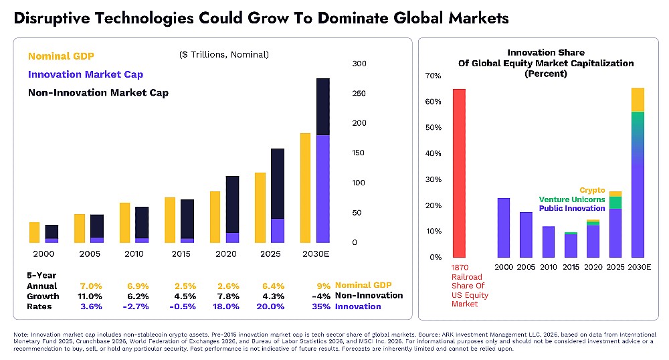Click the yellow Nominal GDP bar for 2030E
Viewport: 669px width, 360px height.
(x=305, y=187)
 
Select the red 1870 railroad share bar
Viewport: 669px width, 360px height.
(x=459, y=173)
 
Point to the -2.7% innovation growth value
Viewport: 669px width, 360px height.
(x=136, y=306)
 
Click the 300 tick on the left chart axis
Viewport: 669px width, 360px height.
(x=359, y=64)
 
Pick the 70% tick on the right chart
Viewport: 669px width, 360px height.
(x=433, y=76)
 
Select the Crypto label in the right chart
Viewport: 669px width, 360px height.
(x=592, y=190)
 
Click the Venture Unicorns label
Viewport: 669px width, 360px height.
(x=572, y=199)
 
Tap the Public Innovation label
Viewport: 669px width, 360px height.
(x=573, y=208)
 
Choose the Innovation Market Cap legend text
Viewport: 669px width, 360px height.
(x=86, y=74)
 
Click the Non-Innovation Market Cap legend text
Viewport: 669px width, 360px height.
(x=98, y=92)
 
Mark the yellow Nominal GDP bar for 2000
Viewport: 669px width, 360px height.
(x=34, y=232)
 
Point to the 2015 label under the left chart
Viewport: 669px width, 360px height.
(x=181, y=254)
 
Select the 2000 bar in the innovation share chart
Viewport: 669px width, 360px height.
(x=503, y=228)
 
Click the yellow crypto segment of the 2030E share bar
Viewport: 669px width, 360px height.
(x=638, y=100)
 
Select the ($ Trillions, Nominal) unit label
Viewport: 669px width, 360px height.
(x=224, y=54)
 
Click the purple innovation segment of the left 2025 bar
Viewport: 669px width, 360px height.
(x=259, y=230)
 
